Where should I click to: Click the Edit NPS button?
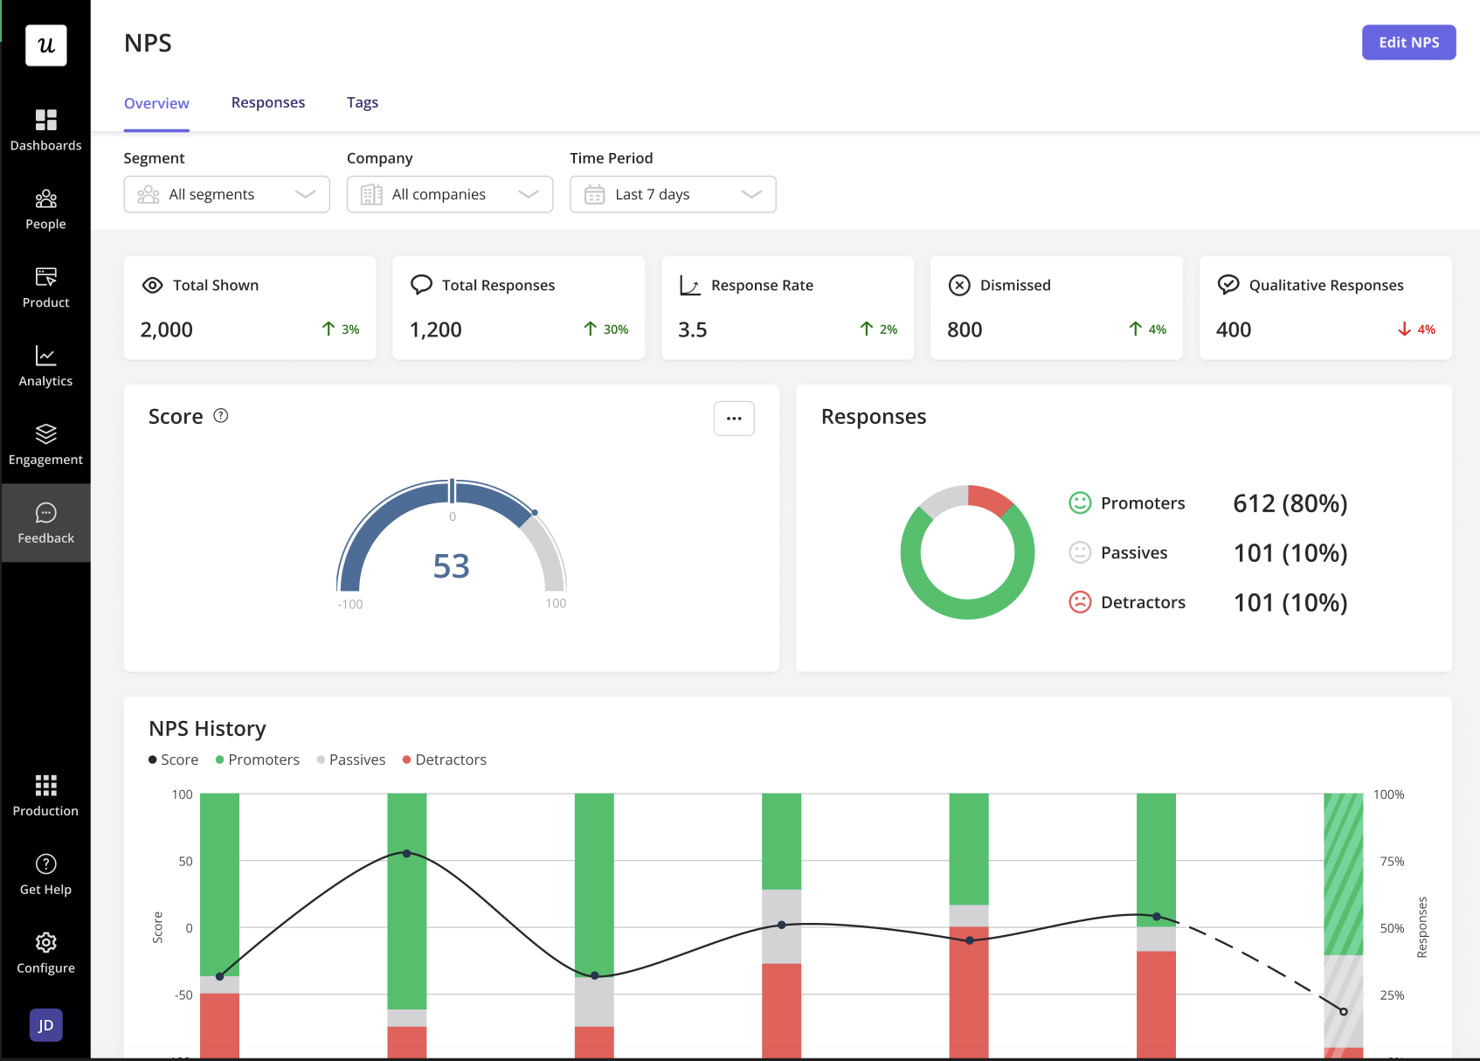click(1408, 42)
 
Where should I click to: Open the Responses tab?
click(268, 102)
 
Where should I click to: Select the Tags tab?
click(363, 102)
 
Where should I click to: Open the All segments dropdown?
click(226, 194)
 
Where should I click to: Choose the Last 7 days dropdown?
click(673, 194)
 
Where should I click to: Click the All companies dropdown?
click(449, 194)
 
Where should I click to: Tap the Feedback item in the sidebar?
click(45, 523)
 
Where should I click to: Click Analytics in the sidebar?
click(45, 365)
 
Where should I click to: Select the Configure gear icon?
click(45, 942)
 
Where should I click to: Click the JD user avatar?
click(45, 1025)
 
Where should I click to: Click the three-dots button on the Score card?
click(734, 419)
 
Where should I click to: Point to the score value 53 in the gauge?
click(452, 566)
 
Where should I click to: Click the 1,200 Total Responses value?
click(436, 329)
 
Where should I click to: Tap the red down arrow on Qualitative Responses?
click(1404, 329)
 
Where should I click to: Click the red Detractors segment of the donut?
click(991, 499)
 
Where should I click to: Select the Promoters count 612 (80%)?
click(1290, 503)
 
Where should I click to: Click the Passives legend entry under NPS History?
click(351, 759)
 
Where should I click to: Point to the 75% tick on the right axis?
click(1392, 861)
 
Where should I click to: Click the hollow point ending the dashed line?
click(1344, 1011)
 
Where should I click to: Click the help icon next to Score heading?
click(221, 416)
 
